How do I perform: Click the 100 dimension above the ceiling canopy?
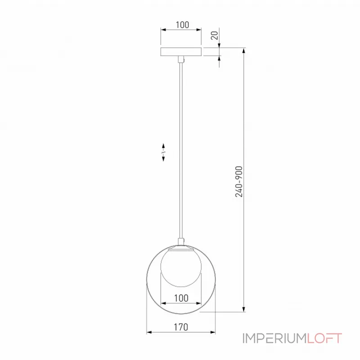[182, 25]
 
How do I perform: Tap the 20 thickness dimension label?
[215, 36]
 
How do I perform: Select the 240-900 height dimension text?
[239, 182]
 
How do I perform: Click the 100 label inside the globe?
[181, 298]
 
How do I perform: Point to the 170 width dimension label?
[181, 327]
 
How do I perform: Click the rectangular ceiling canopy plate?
[181, 52]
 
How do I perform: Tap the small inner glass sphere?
[181, 266]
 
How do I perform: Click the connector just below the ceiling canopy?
[181, 59]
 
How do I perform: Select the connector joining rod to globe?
[181, 242]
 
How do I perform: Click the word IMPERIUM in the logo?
[274, 338]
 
